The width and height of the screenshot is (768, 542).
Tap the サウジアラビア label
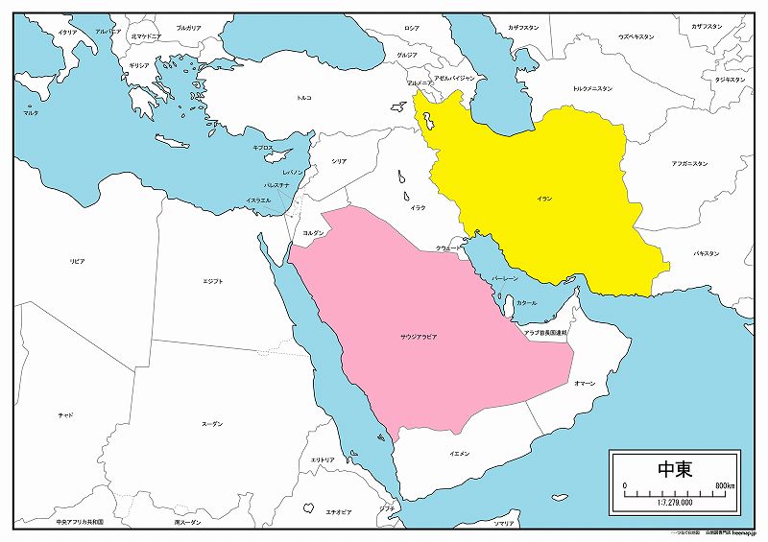click(419, 339)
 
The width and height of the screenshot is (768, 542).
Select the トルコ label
click(304, 98)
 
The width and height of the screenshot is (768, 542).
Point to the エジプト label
click(213, 281)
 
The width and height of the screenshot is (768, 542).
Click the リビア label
click(77, 261)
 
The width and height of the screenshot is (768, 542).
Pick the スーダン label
click(212, 423)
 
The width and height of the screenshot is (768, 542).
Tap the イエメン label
click(459, 453)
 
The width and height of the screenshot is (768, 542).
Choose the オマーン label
click(584, 383)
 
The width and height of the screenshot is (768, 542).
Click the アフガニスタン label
click(689, 164)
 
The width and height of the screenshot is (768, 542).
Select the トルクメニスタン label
click(592, 88)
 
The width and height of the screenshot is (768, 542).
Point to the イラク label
click(419, 207)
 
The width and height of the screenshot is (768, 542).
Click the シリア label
click(338, 161)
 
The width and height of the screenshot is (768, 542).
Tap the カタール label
click(526, 303)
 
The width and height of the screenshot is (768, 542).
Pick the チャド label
click(65, 414)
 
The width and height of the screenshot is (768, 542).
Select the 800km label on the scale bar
click(724, 486)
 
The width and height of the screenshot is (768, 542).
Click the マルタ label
click(32, 113)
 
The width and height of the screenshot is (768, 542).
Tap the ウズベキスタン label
click(636, 36)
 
